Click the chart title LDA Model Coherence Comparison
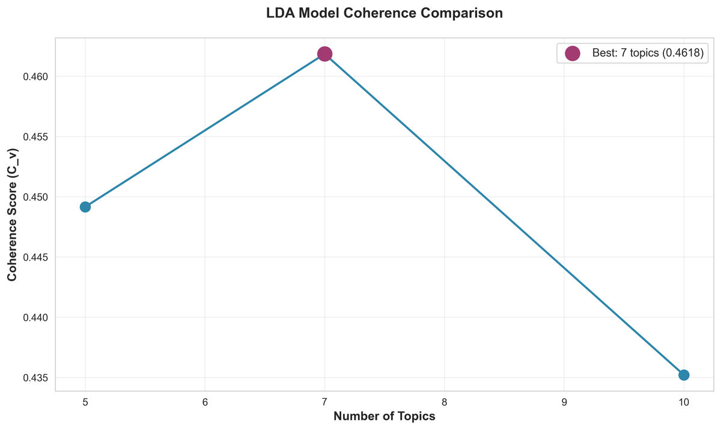(x=385, y=13)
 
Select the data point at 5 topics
(x=85, y=207)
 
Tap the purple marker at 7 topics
(x=324, y=54)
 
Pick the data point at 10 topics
(x=684, y=375)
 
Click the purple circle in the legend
(x=573, y=54)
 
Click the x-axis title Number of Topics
(x=385, y=416)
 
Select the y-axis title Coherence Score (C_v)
(x=13, y=215)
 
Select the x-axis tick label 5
(x=85, y=401)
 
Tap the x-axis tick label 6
(x=205, y=401)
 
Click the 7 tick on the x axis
(x=324, y=401)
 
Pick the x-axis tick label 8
(x=444, y=401)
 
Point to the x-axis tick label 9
(x=564, y=401)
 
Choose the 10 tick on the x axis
(x=684, y=401)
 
